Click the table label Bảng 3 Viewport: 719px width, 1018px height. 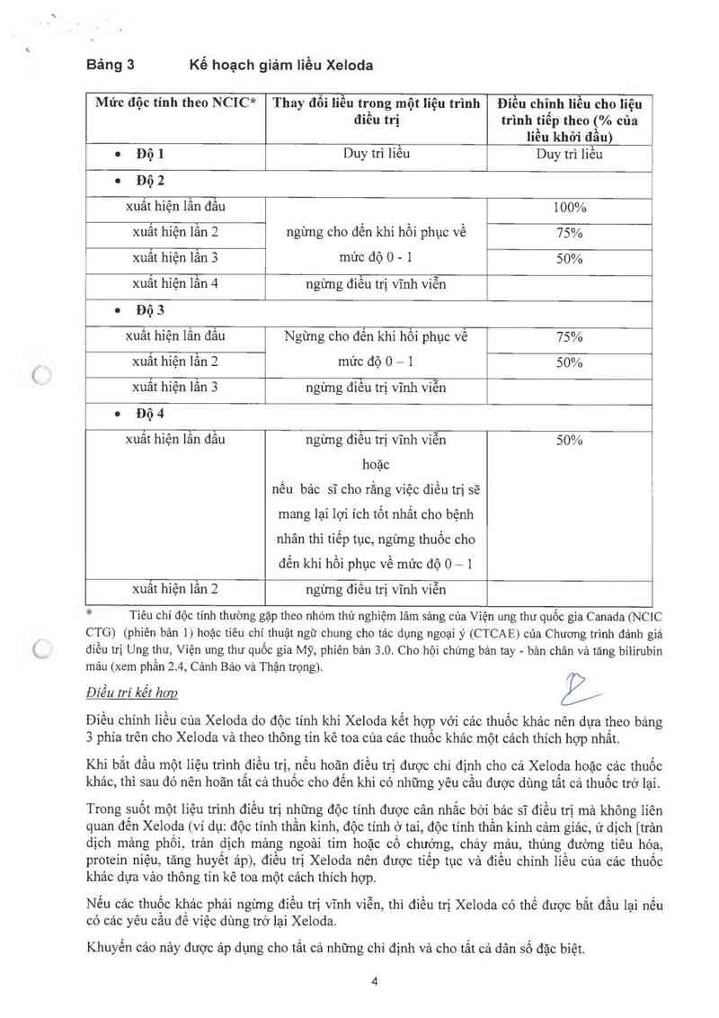[110, 66]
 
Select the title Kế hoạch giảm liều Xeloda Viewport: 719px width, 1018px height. [280, 66]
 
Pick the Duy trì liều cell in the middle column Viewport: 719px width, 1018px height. [377, 153]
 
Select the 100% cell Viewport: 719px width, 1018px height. [569, 207]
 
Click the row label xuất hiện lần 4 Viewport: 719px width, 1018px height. [175, 283]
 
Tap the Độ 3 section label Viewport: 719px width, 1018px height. [151, 310]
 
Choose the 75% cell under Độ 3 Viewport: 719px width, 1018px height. [569, 337]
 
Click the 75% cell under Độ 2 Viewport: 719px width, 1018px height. [569, 233]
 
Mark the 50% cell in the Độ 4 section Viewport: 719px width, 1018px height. [569, 441]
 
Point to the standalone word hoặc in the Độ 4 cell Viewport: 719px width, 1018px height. [376, 466]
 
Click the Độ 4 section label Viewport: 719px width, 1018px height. [151, 414]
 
